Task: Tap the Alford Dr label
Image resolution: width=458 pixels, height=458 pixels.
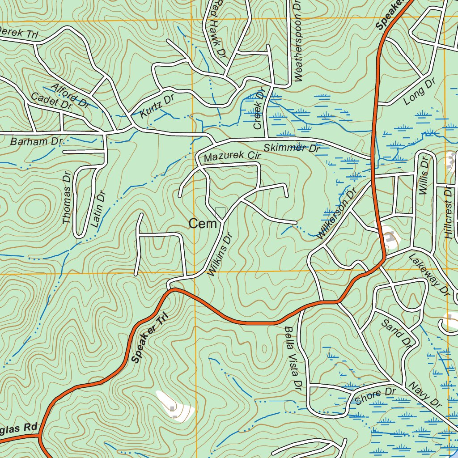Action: click(70, 95)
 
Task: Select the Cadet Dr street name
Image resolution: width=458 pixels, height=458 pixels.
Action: click(51, 102)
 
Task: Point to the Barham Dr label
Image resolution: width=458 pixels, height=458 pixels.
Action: click(36, 142)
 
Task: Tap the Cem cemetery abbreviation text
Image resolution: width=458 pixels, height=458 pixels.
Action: click(203, 224)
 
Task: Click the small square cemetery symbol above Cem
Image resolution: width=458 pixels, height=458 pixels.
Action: click(220, 212)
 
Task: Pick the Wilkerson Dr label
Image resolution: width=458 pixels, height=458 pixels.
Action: click(335, 213)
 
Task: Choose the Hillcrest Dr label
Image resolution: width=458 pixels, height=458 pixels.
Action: click(449, 212)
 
